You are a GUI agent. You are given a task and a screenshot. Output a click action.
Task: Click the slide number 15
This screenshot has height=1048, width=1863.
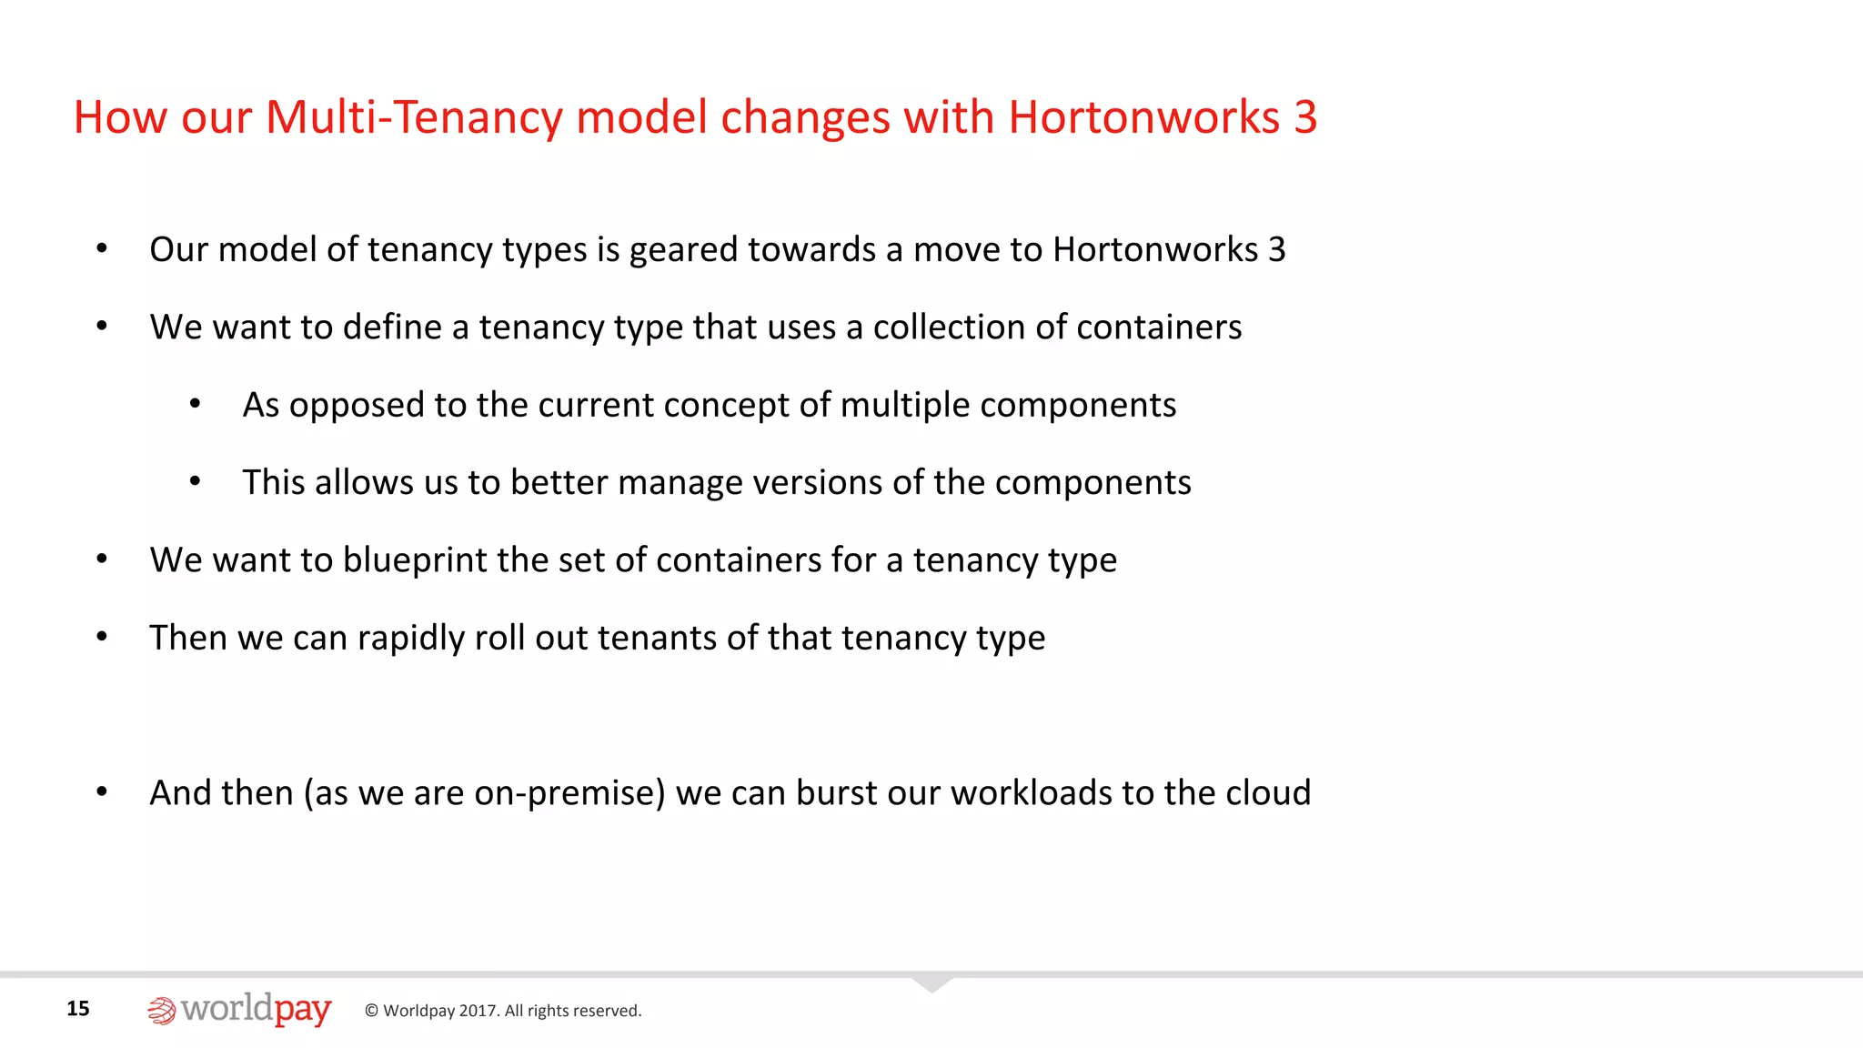point(78,1008)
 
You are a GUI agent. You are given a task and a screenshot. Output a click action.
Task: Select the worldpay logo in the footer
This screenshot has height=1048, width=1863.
point(240,1010)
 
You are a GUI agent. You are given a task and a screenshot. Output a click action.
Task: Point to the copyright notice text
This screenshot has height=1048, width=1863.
point(503,1011)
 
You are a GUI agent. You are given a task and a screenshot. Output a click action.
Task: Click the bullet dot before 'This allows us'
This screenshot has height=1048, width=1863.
point(195,481)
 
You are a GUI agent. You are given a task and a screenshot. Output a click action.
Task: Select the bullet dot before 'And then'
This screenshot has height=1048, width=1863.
point(102,792)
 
